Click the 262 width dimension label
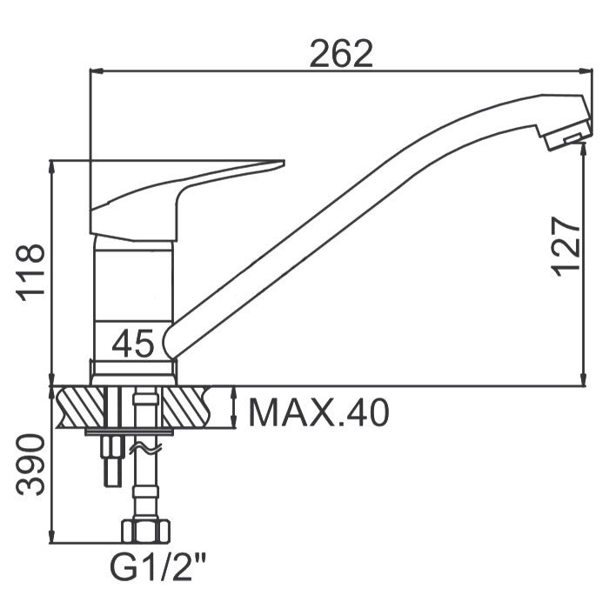coord(341,54)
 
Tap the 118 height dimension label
coord(30,272)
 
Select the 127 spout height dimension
coord(565,246)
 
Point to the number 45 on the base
coord(133,343)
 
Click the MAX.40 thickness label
coord(318,412)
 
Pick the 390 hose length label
coord(30,465)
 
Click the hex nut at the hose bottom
coord(146,531)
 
